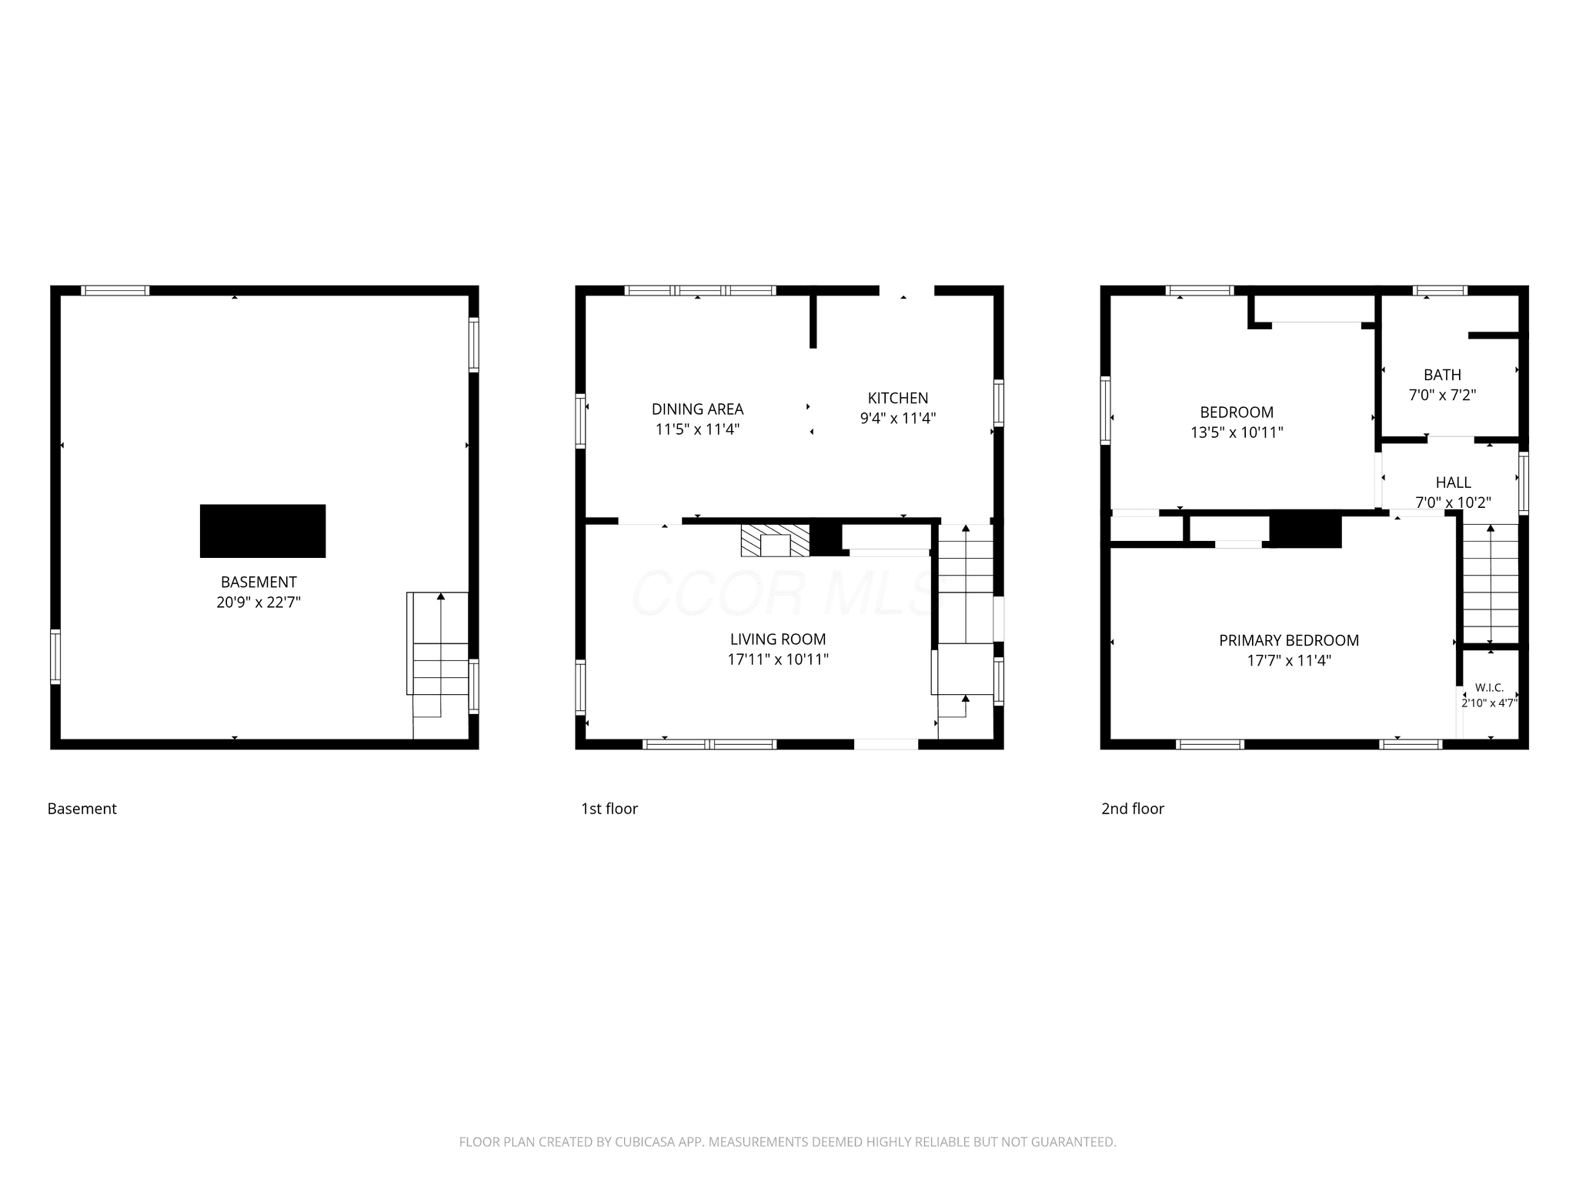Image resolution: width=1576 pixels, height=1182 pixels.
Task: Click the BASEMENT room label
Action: pos(259,583)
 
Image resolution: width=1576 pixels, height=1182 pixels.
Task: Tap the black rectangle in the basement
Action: pos(262,531)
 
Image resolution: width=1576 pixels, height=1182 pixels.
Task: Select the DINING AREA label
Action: pos(698,409)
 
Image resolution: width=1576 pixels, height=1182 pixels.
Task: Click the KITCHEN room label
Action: pos(898,398)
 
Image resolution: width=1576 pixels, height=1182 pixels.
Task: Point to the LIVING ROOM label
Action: pos(778,639)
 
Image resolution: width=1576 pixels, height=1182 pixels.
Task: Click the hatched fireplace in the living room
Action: pos(776,541)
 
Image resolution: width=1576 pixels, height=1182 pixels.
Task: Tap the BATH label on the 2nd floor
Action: pos(1442,375)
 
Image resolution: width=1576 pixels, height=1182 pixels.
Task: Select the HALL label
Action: pos(1454,482)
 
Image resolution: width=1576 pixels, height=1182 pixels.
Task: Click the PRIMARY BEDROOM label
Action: pos(1289,640)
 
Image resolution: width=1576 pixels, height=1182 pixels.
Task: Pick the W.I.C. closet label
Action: pos(1490,688)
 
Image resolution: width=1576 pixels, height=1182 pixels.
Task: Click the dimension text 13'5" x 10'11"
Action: pos(1237,432)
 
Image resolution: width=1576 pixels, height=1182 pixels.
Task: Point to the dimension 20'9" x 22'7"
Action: pos(259,603)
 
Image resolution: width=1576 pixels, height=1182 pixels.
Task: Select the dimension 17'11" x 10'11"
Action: pos(778,659)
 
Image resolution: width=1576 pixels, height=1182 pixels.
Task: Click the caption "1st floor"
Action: pos(609,809)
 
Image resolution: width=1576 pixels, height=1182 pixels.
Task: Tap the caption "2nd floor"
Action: pos(1133,809)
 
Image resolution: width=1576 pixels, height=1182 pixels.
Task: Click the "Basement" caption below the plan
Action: pos(82,809)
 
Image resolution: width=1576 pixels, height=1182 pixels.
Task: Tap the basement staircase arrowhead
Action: pos(441,596)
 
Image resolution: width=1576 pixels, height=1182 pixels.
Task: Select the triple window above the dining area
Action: pos(700,291)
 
